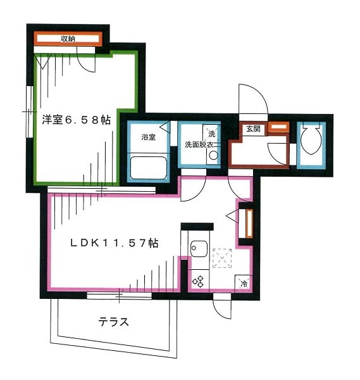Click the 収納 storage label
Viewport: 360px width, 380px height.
pyautogui.click(x=68, y=39)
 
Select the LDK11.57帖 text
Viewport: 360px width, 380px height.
pyautogui.click(x=114, y=242)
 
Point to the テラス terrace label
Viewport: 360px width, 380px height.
pyautogui.click(x=113, y=322)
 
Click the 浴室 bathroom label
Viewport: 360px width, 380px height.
pyautogui.click(x=148, y=137)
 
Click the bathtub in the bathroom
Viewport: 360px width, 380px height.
pyautogui.click(x=148, y=169)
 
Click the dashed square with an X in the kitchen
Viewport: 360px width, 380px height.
pyautogui.click(x=223, y=257)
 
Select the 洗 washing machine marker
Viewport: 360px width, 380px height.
pyautogui.click(x=213, y=134)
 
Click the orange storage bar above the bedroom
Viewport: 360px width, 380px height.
pyautogui.click(x=68, y=39)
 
